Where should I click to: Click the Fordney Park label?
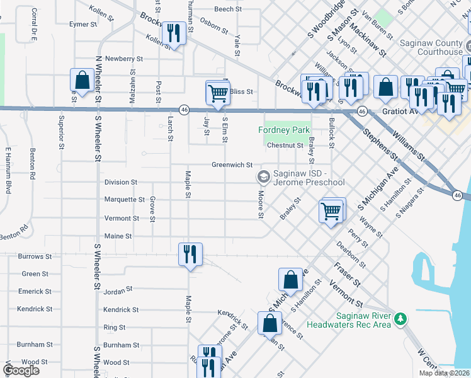[285, 130]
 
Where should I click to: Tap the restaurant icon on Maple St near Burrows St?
[190, 255]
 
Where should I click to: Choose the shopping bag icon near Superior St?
[81, 80]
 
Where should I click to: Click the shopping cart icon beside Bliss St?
[218, 93]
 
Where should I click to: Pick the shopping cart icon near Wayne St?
[331, 211]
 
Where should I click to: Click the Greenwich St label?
[232, 165]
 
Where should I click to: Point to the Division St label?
[120, 182]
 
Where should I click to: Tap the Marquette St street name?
[124, 200]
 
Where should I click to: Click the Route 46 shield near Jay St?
[184, 109]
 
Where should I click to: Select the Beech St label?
[228, 9]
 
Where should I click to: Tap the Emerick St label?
[35, 292]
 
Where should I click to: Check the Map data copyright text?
[443, 373]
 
